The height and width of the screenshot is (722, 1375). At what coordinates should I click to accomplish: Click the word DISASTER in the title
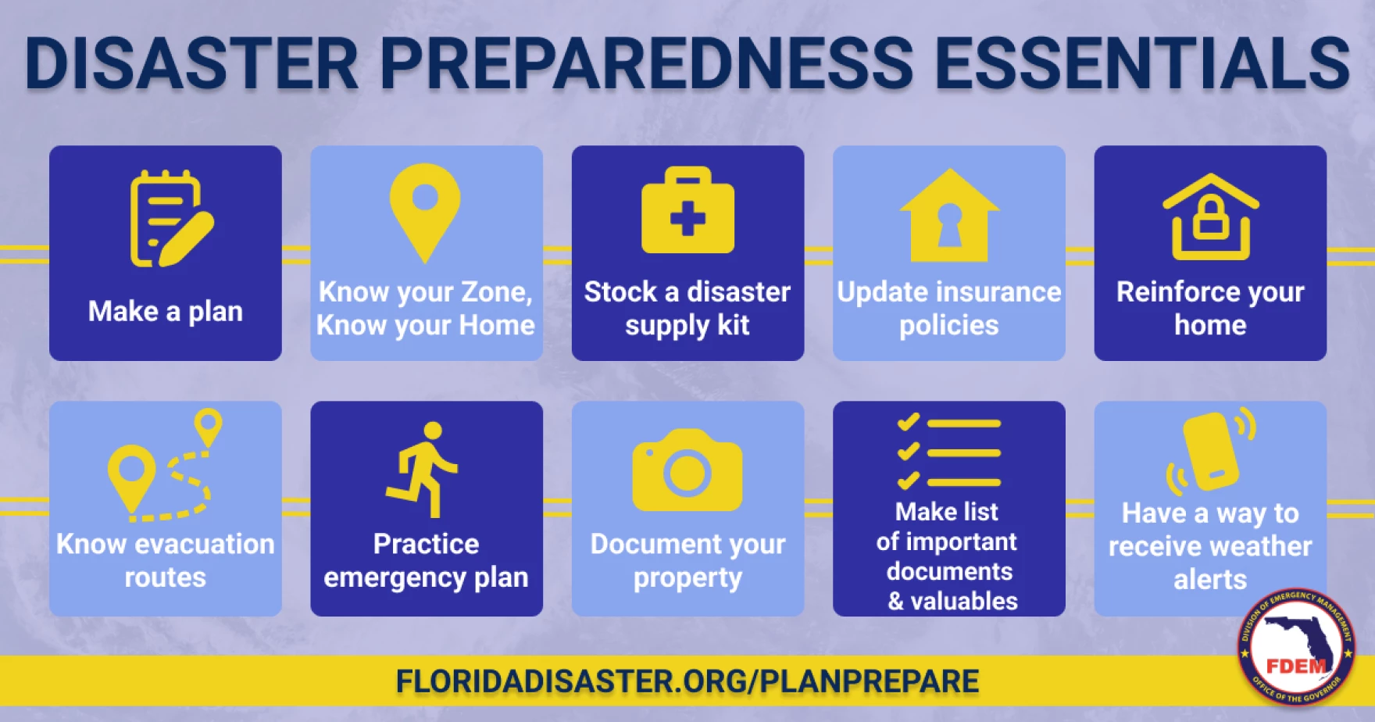point(192,63)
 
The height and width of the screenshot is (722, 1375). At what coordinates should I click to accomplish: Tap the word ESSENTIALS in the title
point(1142,63)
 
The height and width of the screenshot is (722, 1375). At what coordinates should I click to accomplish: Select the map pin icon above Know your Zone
point(425,213)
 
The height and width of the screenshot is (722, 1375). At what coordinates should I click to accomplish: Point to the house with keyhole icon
point(949,215)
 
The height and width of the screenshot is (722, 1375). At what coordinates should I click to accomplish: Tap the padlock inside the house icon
point(1211,218)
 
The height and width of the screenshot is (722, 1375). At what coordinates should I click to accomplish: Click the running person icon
point(423,470)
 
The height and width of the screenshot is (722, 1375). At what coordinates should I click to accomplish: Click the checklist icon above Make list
point(949,452)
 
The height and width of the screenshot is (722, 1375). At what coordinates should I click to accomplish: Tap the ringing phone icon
point(1211,449)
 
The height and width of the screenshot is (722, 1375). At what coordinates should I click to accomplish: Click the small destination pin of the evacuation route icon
point(208,427)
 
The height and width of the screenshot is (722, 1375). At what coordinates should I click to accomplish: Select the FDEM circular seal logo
point(1296,646)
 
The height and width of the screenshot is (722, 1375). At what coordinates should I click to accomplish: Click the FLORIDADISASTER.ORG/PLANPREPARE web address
point(687,681)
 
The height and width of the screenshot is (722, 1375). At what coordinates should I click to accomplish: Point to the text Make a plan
point(166,312)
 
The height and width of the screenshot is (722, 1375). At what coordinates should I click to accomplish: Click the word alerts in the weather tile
point(1210,580)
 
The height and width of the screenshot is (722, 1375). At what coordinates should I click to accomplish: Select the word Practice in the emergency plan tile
point(426,544)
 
